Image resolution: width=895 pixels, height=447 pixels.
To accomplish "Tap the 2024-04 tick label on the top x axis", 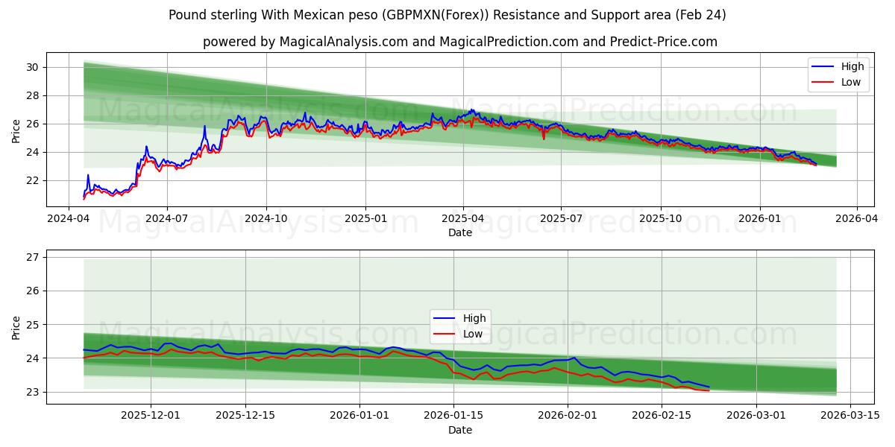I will click(x=69, y=218).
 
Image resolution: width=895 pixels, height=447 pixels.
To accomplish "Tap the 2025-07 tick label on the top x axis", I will click(x=561, y=218).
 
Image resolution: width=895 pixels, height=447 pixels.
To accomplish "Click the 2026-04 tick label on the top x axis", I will click(x=856, y=218).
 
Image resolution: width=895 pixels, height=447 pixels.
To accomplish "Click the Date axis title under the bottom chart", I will click(x=460, y=430).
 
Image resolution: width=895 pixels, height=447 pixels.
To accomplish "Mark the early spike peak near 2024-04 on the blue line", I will click(x=88, y=175).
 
